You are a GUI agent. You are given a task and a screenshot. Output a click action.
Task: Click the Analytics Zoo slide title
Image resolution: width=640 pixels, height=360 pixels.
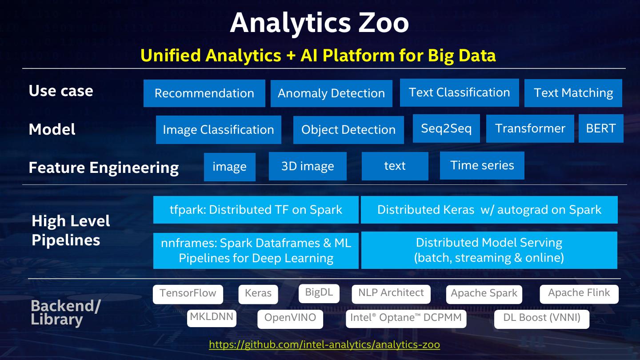tap(319, 23)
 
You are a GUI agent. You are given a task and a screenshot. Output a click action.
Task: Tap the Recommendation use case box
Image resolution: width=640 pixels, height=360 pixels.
tap(204, 93)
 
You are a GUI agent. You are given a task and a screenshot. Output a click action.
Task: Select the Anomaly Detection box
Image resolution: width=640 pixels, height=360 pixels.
tap(331, 93)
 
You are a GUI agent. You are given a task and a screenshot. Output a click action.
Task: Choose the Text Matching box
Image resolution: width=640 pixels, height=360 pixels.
tap(573, 93)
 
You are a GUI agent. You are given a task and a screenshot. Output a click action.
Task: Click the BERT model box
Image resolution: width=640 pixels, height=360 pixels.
tap(601, 128)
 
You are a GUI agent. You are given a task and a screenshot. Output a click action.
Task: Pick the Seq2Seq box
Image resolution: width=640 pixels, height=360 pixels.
tap(446, 128)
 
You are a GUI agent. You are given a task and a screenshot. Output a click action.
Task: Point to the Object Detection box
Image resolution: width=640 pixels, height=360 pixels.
tap(348, 130)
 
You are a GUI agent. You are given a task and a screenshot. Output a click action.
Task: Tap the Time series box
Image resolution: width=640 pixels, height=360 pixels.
tap(482, 165)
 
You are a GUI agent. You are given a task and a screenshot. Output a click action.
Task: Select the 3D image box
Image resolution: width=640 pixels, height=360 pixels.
tap(308, 166)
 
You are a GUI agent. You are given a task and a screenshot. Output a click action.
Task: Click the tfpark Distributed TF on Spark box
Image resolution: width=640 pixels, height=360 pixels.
tap(256, 210)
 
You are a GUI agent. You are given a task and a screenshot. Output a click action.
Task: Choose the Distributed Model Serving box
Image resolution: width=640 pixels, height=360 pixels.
tap(489, 250)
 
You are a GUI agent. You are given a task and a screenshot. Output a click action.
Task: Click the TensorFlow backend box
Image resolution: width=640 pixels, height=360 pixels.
tap(188, 294)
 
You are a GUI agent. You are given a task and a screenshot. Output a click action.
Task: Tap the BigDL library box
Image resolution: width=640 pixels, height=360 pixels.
tap(319, 293)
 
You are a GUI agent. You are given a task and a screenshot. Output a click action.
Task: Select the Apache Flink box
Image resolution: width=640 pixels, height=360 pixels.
tap(579, 293)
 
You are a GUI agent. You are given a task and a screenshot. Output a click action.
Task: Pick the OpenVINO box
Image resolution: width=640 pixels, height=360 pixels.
tap(290, 318)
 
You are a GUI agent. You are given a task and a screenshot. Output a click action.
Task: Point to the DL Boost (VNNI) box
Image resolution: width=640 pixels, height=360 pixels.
tap(541, 318)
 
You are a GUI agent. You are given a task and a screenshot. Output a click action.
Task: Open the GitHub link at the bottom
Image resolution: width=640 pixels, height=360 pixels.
tap(324, 344)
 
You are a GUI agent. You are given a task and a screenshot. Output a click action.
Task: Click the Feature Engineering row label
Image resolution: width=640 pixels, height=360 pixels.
tap(104, 168)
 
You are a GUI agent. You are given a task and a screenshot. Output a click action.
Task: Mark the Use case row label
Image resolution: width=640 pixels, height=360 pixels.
tap(61, 91)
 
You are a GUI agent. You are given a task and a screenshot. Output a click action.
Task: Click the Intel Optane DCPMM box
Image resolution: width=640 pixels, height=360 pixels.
tap(406, 318)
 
